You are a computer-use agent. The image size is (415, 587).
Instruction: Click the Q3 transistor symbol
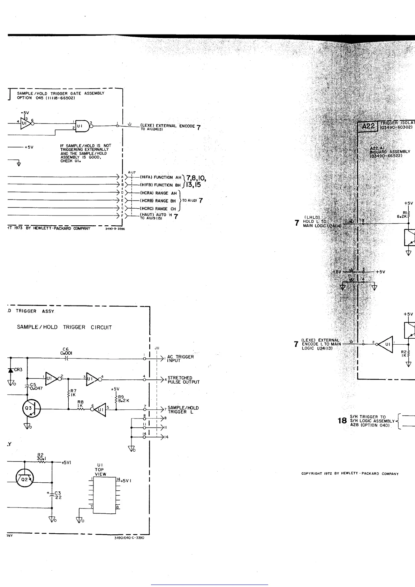click(31, 408)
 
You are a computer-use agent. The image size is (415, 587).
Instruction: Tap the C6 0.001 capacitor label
click(66, 351)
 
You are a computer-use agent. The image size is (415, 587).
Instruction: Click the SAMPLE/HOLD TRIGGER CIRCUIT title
click(65, 327)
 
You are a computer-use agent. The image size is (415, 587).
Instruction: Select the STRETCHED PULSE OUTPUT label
click(183, 380)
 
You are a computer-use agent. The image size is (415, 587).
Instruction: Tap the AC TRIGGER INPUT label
click(180, 359)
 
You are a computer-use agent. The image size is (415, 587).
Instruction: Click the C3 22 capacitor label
click(58, 495)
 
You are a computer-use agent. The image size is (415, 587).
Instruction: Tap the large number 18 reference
click(342, 421)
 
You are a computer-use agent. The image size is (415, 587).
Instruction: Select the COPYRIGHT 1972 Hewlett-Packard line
click(350, 474)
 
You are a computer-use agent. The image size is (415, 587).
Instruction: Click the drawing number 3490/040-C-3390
click(129, 537)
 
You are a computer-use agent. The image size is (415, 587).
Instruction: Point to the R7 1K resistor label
click(73, 393)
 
